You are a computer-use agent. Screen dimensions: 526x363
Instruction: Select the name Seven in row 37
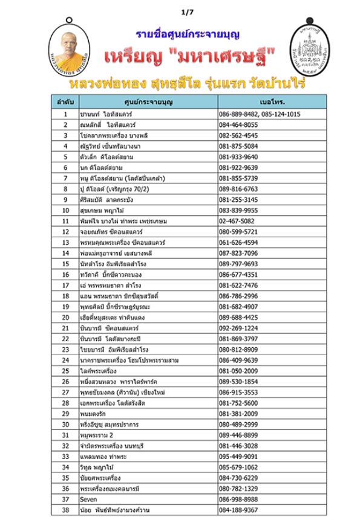(88, 499)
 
